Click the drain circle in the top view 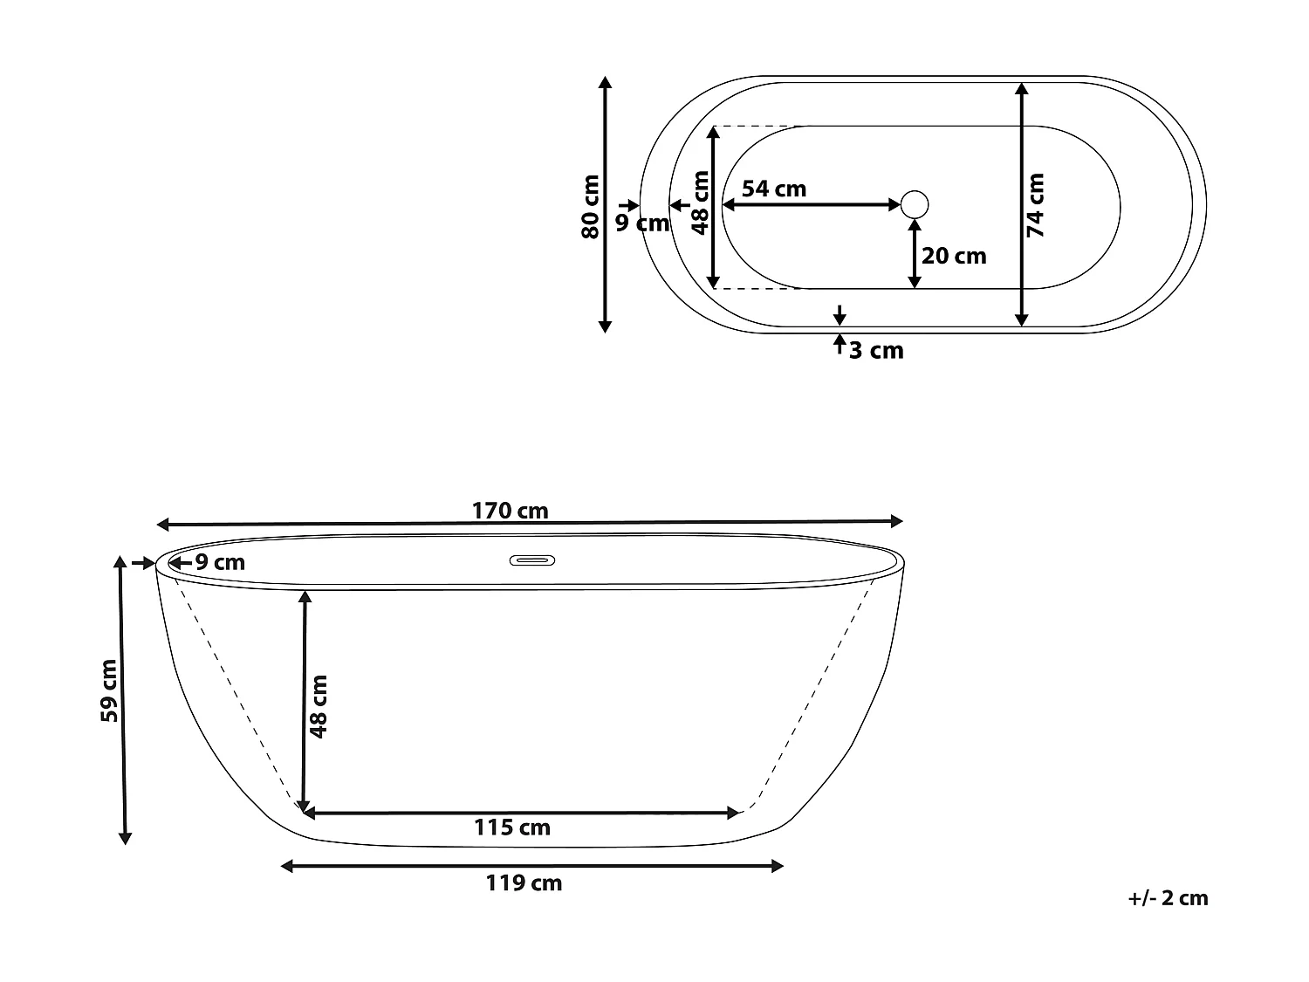tap(915, 204)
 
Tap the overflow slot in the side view tap(532, 560)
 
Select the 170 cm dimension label tap(510, 511)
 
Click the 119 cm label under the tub tap(524, 883)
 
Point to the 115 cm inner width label tap(511, 827)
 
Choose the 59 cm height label tap(109, 690)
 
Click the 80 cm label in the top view tap(590, 206)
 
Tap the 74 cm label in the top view tap(1035, 205)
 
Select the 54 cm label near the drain tap(774, 189)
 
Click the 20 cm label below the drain tap(954, 257)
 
